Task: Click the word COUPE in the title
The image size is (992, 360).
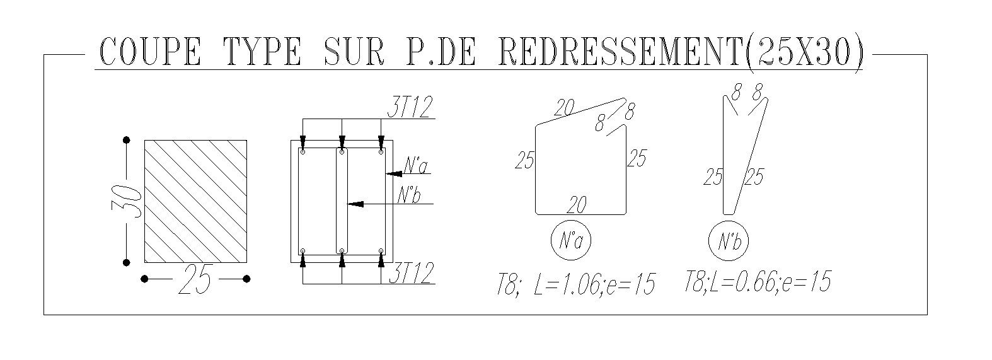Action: [151, 52]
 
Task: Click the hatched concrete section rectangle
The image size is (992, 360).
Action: [195, 201]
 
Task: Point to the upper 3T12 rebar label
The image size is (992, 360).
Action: [410, 107]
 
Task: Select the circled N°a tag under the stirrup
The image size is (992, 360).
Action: [571, 240]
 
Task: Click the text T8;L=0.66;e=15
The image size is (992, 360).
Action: [757, 281]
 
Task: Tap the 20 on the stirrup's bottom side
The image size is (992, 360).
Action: [577, 205]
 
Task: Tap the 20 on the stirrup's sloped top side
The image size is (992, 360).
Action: [565, 108]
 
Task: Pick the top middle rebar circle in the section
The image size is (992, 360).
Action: [342, 152]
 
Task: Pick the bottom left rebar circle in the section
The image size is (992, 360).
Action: [303, 252]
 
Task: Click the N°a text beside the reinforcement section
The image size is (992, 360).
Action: [416, 166]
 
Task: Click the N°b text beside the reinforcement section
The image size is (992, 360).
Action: [409, 196]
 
